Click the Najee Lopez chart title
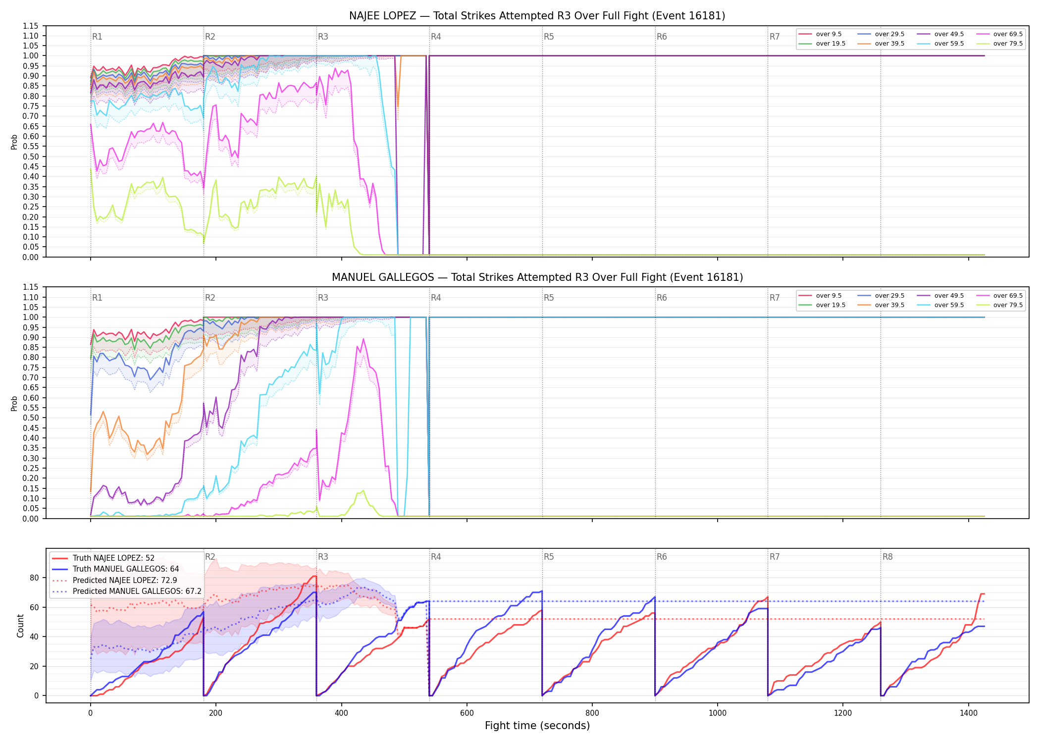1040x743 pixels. [537, 16]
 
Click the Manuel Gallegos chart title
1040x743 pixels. [537, 277]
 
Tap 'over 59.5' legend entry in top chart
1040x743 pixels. [940, 44]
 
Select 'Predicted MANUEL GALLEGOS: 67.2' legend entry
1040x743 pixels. [127, 591]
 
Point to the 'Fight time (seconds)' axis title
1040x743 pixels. [537, 726]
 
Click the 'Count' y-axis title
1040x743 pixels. [20, 626]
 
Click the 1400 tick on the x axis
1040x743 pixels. [968, 713]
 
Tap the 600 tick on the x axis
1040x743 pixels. [467, 713]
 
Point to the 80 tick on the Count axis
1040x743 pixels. [34, 578]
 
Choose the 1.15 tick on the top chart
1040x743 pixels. [30, 26]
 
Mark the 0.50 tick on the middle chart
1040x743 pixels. [30, 418]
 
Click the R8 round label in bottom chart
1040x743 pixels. [887, 557]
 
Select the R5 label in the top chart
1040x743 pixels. [549, 37]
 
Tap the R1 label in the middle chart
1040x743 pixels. [97, 298]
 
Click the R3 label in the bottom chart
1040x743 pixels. [323, 557]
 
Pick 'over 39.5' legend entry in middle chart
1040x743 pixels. [881, 305]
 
